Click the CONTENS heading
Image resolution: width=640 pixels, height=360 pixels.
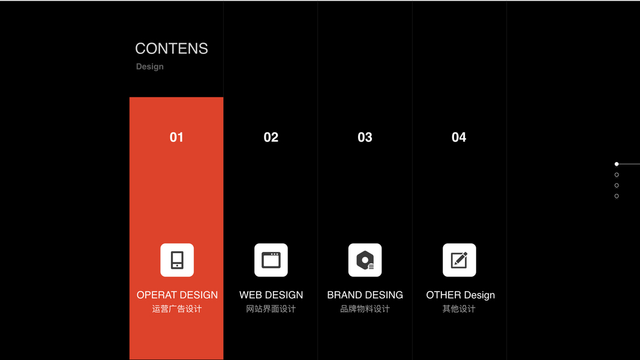click(172, 49)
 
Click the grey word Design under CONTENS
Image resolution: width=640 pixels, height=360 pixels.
click(150, 67)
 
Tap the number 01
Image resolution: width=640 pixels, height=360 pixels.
click(177, 137)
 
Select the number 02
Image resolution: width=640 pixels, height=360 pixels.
click(271, 137)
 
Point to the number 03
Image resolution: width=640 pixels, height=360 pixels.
click(365, 137)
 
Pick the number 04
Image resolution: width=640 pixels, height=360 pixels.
click(459, 137)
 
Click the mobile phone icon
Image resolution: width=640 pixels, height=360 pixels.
click(177, 260)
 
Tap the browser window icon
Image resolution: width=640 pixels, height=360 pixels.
click(271, 260)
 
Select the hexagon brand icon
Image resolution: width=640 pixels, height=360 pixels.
click(365, 260)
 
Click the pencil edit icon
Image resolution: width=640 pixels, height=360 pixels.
click(459, 260)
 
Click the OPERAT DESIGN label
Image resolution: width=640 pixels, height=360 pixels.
click(177, 295)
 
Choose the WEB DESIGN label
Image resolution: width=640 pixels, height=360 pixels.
click(271, 295)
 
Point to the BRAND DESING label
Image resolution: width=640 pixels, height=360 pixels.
click(365, 295)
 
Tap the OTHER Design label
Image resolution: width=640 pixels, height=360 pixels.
click(461, 295)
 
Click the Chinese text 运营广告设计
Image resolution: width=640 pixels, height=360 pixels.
click(177, 309)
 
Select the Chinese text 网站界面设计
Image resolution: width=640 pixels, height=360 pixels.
click(271, 309)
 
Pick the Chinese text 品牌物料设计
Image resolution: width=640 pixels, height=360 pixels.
click(365, 309)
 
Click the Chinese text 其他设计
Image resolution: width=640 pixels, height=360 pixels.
click(459, 309)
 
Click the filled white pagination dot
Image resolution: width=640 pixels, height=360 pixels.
click(617, 164)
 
